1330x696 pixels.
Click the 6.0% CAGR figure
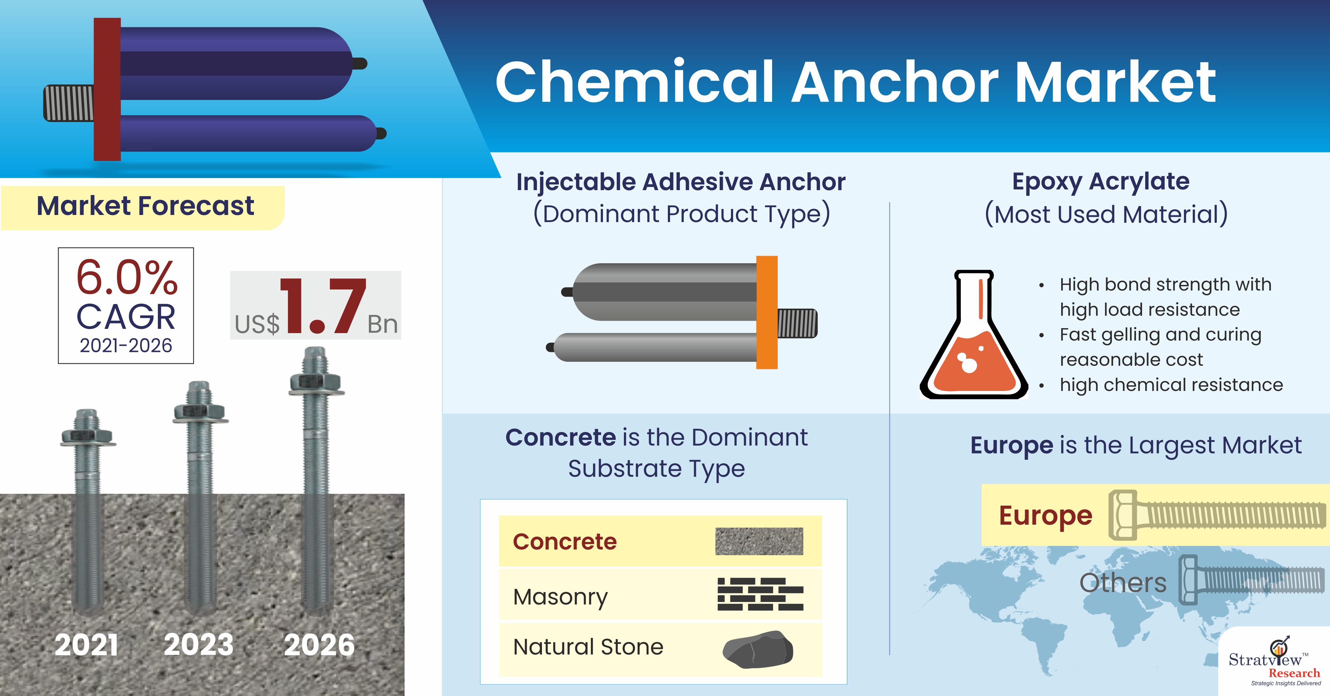click(x=127, y=277)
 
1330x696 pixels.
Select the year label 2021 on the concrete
click(x=86, y=645)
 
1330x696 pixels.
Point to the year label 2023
click(x=199, y=645)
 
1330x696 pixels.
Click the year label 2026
click(x=319, y=645)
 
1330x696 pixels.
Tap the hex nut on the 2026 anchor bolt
click(x=315, y=383)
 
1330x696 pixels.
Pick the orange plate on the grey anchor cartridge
click(x=767, y=313)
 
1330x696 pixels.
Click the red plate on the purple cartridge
click(x=107, y=89)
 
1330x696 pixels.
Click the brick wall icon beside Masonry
click(x=760, y=594)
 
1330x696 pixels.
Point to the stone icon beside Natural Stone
click(x=758, y=649)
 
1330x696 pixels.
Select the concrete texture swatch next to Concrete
click(x=759, y=541)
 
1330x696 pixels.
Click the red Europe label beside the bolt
click(x=1046, y=516)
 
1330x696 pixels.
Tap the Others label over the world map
click(x=1123, y=583)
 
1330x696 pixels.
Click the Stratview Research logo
click(x=1274, y=662)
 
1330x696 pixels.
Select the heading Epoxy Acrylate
click(x=1101, y=182)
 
